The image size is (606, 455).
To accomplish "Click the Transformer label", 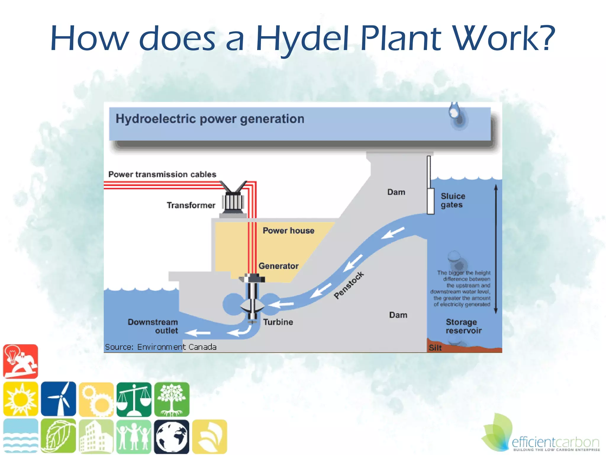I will click(x=191, y=205).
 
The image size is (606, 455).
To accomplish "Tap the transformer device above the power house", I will click(x=233, y=200).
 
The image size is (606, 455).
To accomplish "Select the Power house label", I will click(x=288, y=230).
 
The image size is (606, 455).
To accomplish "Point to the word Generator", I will click(x=278, y=266).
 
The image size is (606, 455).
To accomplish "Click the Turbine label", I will click(x=278, y=322).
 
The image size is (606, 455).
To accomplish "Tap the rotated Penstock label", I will click(x=349, y=285).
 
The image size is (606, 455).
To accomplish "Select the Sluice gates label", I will click(x=452, y=200).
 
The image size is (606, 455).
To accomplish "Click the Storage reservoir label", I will click(x=463, y=326).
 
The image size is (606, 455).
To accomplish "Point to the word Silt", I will click(x=435, y=347).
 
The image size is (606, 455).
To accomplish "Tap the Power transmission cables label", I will click(x=162, y=174).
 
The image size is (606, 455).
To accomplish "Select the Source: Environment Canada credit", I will click(x=161, y=347).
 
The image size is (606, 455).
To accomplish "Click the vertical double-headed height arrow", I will click(x=496, y=249).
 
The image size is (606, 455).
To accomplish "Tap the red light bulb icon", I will click(x=21, y=361).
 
